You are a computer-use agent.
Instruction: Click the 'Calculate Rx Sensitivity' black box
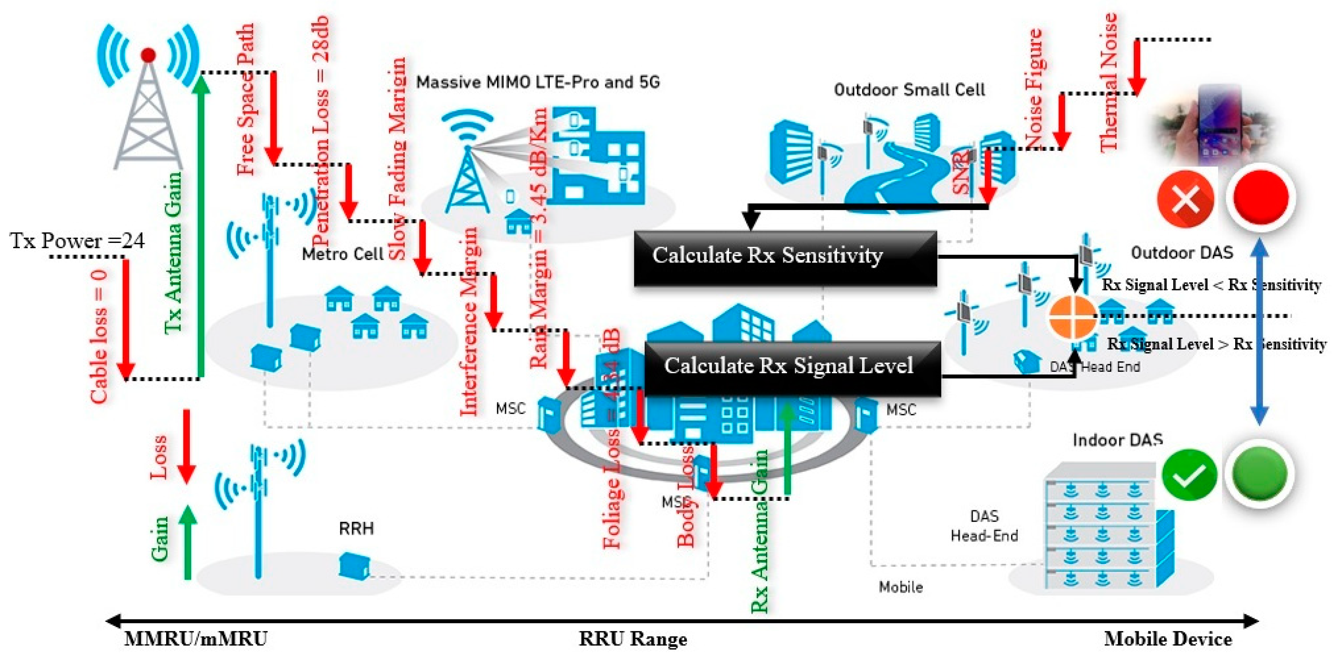tap(785, 257)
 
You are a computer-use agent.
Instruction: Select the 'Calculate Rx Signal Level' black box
tap(792, 368)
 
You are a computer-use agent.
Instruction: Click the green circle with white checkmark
tap(1189, 475)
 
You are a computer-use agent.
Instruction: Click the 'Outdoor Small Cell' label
tap(909, 90)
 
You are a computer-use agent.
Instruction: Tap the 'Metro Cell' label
tap(342, 254)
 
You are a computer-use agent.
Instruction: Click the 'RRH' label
tap(356, 528)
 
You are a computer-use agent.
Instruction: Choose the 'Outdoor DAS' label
tap(1182, 253)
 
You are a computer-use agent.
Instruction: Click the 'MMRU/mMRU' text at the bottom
tap(196, 639)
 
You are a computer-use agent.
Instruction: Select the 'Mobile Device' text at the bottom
tap(1168, 639)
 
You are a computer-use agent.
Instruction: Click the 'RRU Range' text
tap(632, 639)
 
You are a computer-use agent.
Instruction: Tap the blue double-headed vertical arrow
tap(1259, 331)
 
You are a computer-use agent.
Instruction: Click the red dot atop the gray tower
tap(149, 55)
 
